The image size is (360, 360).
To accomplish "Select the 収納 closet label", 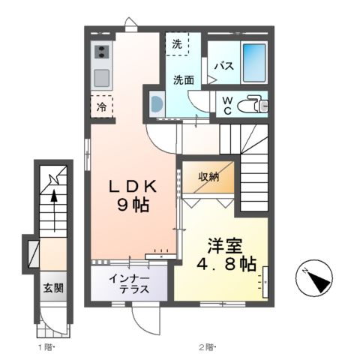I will (209, 177).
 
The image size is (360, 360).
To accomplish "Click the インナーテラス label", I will (129, 284).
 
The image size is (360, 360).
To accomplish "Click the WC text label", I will (224, 105).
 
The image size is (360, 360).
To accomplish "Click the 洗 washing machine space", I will (177, 44).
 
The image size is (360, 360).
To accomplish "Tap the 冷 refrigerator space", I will (102, 107).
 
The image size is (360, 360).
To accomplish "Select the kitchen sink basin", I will (102, 77).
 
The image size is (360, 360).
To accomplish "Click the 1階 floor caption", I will (45, 347).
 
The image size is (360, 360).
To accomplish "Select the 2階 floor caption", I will (206, 347).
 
